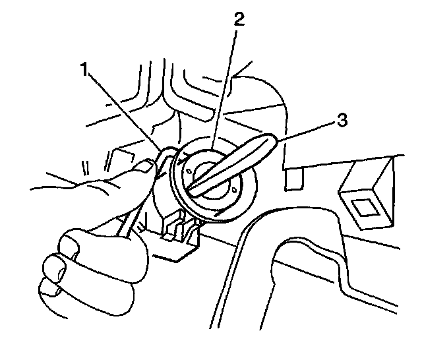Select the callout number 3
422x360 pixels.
[342, 121]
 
